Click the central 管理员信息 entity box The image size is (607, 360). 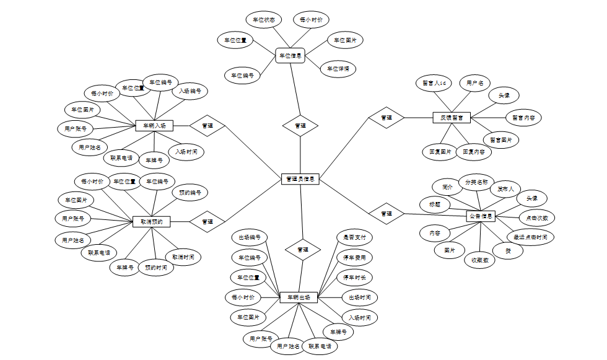click(300, 179)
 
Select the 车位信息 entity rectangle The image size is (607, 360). click(290, 56)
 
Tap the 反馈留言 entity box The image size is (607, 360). click(452, 117)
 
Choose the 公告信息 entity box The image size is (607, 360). click(481, 216)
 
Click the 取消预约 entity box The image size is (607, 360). click(151, 221)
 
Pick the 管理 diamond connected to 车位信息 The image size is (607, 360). click(300, 126)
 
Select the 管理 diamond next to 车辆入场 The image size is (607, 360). click(207, 126)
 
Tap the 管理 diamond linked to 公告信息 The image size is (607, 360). click(386, 214)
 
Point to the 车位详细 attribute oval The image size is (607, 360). click(338, 69)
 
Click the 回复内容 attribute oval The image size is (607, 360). click(474, 151)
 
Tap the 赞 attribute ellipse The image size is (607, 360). click(508, 250)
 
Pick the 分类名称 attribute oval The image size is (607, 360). click(476, 183)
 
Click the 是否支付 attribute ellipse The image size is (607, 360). click(355, 237)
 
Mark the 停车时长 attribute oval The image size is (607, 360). click(355, 277)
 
